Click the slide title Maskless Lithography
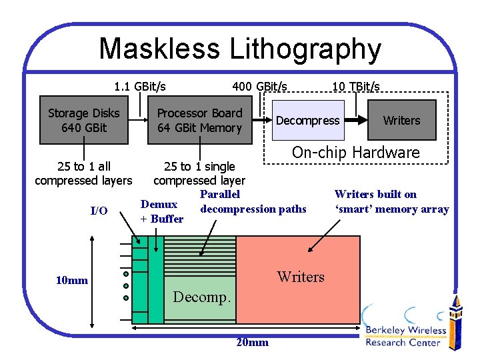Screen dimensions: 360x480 (240, 49)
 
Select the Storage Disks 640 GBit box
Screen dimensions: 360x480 (83, 121)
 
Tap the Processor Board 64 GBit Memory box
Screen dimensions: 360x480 (199, 121)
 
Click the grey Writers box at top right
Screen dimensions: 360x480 (401, 121)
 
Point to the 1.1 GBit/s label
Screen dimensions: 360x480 (140, 86)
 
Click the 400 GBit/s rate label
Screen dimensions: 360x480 (259, 86)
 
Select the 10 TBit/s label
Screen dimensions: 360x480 (355, 86)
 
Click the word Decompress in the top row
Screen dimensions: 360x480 (307, 121)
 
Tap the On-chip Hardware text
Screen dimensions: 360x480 (355, 152)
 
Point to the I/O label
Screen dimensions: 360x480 (99, 211)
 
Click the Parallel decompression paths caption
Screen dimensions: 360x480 (253, 202)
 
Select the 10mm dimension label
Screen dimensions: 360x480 (71, 280)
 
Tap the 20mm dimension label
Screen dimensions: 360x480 (253, 342)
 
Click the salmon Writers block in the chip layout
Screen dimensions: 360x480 (301, 276)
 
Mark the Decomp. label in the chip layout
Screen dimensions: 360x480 (201, 297)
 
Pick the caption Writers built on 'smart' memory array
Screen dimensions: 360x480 (391, 202)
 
